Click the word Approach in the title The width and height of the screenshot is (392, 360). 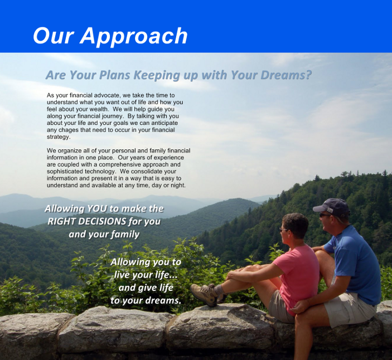coord(134,36)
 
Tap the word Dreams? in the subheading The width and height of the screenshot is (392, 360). coord(286,75)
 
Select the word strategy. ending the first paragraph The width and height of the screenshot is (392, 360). coord(59,137)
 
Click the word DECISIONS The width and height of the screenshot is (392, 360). coord(101,221)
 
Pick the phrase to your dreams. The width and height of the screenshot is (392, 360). coord(146,300)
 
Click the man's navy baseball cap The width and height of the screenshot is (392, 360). coord(332,207)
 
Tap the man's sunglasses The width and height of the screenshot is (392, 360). coord(324,215)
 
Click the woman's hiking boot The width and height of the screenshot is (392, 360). coord(205,294)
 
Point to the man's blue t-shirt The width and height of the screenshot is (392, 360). coord(355,264)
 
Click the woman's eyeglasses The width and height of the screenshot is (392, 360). coord(283,230)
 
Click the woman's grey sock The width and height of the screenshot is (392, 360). coord(220,290)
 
